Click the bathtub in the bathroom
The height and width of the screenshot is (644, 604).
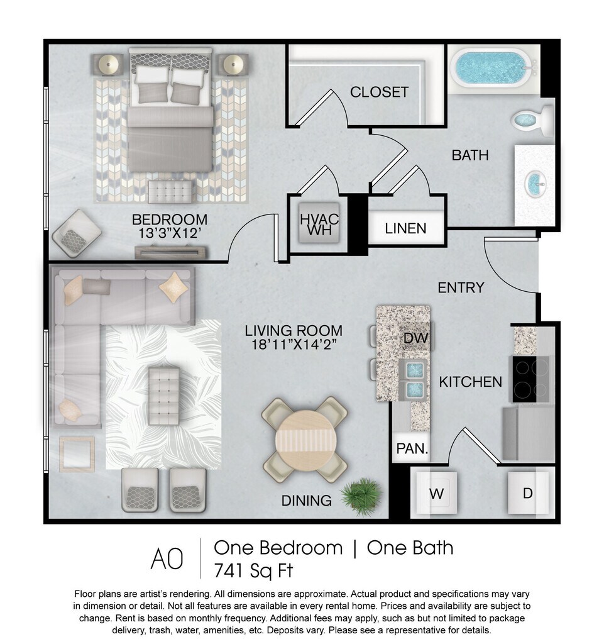492,68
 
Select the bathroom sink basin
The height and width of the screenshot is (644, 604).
536,186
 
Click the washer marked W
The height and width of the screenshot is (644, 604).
436,492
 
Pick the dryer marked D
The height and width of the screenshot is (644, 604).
528,492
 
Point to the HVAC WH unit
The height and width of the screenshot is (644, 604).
319,223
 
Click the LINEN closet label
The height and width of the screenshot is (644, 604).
405,228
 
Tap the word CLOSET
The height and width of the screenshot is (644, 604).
379,92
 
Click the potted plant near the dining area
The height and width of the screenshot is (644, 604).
361,496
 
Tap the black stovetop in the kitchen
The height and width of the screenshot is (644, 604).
530,379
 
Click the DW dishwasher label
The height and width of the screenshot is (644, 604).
415,338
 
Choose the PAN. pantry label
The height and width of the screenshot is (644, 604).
412,448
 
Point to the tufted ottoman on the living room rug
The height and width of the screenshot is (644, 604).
164,396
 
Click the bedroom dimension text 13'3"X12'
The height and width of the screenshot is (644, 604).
170,233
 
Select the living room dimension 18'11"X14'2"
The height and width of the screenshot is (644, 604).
294,344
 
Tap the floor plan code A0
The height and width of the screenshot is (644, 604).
167,559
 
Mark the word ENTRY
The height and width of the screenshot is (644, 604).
461,288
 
